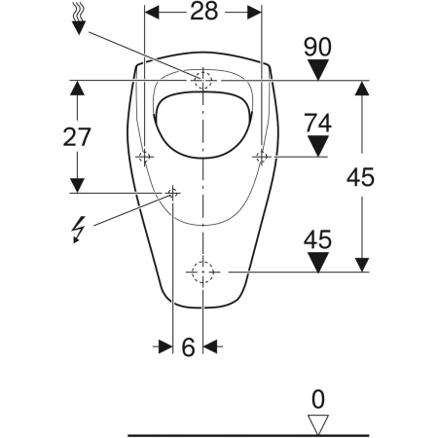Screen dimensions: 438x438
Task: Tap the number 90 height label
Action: pos(318,45)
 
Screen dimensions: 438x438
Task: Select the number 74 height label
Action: pos(318,123)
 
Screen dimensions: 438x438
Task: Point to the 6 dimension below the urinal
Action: pos(188,347)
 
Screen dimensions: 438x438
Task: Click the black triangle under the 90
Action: pos(318,68)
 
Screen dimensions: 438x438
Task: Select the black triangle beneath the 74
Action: pos(318,145)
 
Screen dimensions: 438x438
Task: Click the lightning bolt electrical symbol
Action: pos(78,230)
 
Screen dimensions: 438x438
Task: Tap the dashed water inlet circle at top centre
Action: pos(203,80)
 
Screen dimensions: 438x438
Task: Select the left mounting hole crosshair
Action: pos(145,156)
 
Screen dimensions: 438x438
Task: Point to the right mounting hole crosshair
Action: pos(262,156)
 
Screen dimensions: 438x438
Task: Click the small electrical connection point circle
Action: pos(173,192)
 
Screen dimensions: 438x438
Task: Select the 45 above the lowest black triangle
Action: pos(318,237)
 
